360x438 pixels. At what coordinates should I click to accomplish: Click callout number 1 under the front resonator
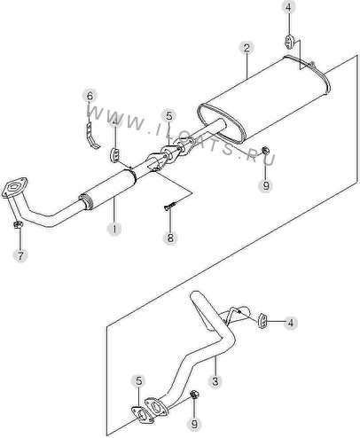click(x=114, y=229)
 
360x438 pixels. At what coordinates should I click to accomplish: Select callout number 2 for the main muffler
click(x=247, y=48)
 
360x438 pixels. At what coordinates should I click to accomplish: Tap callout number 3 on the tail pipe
click(x=215, y=380)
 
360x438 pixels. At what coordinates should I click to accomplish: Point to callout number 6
click(x=90, y=96)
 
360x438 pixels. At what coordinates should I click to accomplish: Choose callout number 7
click(x=20, y=255)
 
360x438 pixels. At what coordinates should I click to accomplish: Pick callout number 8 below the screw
click(x=170, y=238)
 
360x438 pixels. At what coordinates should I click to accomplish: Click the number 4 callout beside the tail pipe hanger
click(x=291, y=323)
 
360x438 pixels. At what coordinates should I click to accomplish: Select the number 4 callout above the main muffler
click(x=288, y=8)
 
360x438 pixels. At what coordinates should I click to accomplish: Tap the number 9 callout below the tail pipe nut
click(x=194, y=425)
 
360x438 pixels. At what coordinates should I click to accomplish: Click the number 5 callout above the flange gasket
click(x=139, y=381)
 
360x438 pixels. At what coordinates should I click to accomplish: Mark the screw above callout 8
click(x=171, y=206)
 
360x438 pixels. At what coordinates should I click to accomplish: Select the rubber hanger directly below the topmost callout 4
click(x=288, y=42)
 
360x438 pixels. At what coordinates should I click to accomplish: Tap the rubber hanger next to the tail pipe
click(x=262, y=321)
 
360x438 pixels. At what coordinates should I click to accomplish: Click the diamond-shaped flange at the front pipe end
click(x=15, y=187)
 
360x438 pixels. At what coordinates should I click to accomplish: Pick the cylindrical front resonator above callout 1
click(x=107, y=189)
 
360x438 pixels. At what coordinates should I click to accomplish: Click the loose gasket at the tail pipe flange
click(x=142, y=415)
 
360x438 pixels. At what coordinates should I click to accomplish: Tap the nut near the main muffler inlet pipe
click(x=265, y=150)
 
